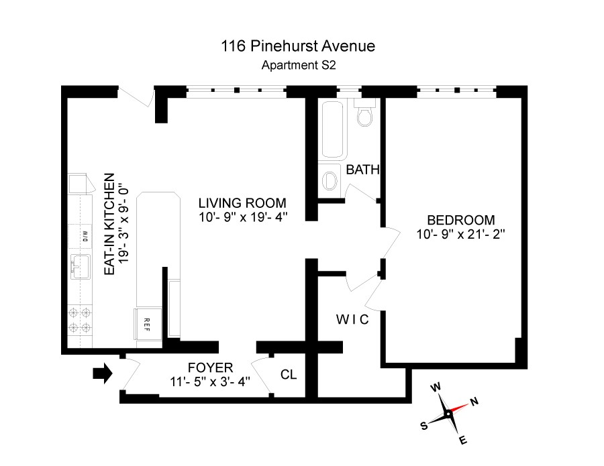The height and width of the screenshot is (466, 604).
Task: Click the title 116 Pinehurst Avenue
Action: tap(297, 46)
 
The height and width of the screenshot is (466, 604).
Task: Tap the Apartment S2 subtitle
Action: tap(297, 66)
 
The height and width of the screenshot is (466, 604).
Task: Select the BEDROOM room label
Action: tap(460, 220)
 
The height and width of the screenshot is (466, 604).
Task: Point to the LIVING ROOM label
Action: tap(242, 202)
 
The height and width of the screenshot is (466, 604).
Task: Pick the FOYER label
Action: tap(210, 367)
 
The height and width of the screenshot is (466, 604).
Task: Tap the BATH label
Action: tap(363, 170)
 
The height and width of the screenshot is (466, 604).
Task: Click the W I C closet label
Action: tap(352, 319)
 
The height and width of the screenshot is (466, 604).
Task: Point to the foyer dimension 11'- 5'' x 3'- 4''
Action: tap(210, 382)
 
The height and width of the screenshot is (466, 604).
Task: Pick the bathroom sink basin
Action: tap(330, 180)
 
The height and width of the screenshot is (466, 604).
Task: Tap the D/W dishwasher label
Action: tap(85, 235)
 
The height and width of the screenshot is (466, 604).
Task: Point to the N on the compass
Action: tap(474, 402)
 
